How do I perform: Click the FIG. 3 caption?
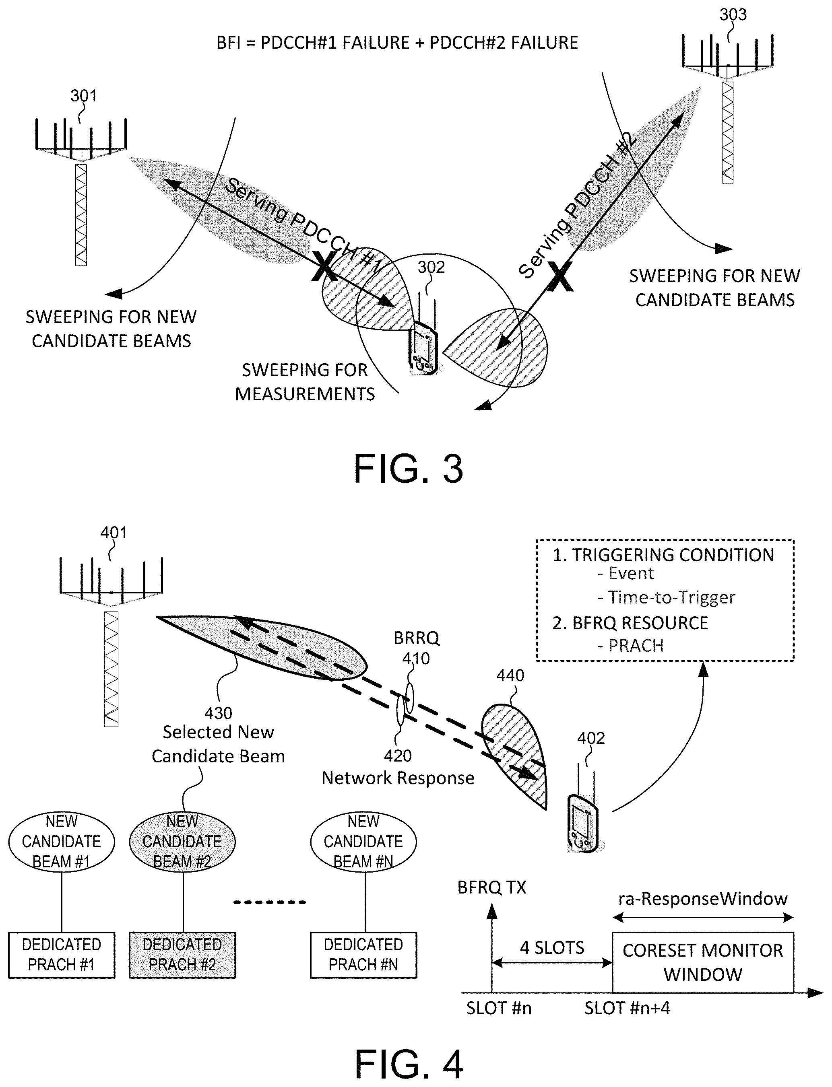[x=408, y=469]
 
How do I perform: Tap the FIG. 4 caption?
[x=409, y=1064]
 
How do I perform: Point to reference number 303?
[x=733, y=15]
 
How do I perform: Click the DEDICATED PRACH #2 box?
[x=182, y=955]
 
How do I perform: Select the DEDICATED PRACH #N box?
[x=363, y=955]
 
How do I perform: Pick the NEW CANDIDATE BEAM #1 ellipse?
[x=62, y=842]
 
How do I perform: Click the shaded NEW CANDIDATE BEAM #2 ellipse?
[x=182, y=842]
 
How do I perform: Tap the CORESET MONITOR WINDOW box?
[x=702, y=962]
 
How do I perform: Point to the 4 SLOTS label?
[x=552, y=947]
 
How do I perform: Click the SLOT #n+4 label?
[x=627, y=1008]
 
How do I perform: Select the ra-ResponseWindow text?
[x=702, y=898]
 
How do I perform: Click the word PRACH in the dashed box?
[x=636, y=645]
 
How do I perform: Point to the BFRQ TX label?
[x=491, y=887]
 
